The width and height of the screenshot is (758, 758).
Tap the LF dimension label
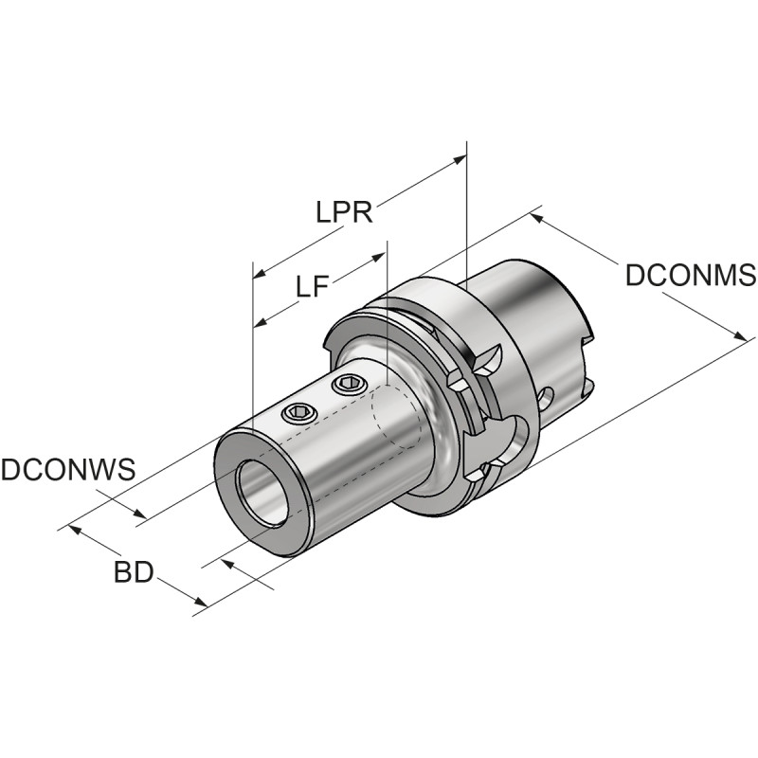coord(312,286)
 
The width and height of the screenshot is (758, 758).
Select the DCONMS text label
coord(690,276)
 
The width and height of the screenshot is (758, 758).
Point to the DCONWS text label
coord(67,470)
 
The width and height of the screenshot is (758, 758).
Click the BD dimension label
coord(133,572)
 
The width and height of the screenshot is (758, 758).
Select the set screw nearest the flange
coord(349,384)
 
